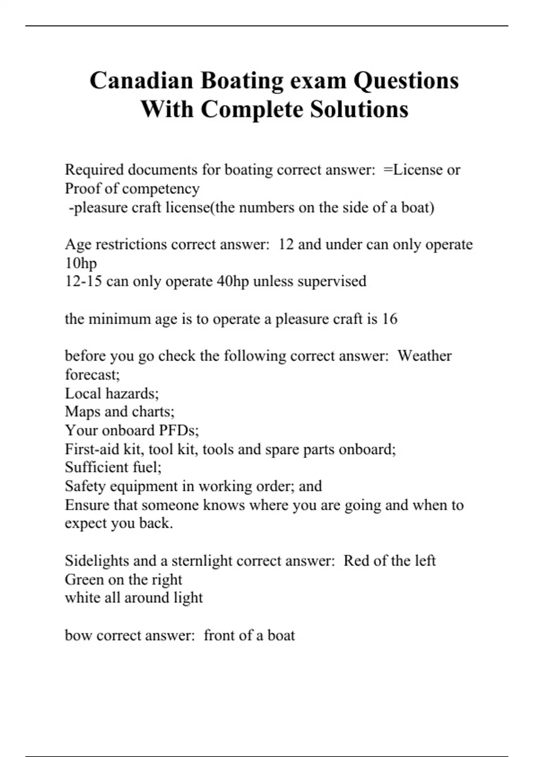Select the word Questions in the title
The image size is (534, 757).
click(406, 81)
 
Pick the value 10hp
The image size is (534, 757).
click(81, 263)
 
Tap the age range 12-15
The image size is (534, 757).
click(83, 281)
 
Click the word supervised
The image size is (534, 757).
click(332, 281)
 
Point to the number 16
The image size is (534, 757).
click(389, 319)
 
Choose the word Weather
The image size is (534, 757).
click(424, 356)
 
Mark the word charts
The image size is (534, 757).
click(153, 412)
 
